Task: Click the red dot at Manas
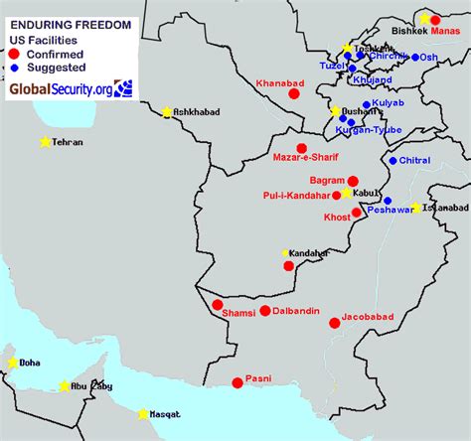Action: tap(435, 20)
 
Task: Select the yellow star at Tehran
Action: tap(45, 142)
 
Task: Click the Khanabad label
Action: tap(278, 83)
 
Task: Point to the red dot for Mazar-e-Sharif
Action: tap(302, 148)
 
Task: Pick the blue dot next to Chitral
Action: tap(393, 160)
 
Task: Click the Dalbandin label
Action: tap(296, 312)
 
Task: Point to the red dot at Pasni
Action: tap(236, 382)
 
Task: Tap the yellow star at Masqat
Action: tap(143, 413)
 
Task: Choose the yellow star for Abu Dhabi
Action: tap(65, 385)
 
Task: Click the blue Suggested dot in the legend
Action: tap(15, 67)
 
